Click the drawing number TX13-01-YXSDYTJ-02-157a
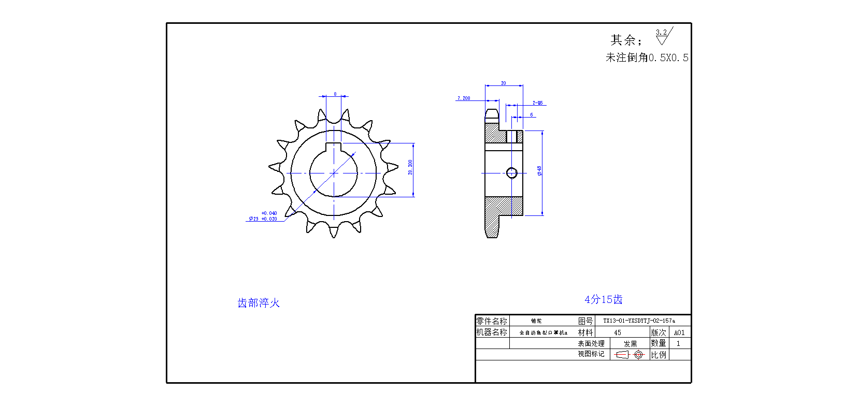639,321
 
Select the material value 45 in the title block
617,332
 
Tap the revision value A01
679,332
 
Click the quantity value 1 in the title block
678,343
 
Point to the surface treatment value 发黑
630,344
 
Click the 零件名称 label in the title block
492,321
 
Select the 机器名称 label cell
492,332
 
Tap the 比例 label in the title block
659,355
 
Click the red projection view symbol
629,355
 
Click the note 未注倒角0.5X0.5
647,57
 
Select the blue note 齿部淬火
259,303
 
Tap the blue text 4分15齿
604,299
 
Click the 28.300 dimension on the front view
410,167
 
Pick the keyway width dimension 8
335,94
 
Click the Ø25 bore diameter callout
263,216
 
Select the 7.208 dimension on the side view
464,98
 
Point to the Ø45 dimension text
539,170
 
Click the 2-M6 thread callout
538,103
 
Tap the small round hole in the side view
511,173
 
